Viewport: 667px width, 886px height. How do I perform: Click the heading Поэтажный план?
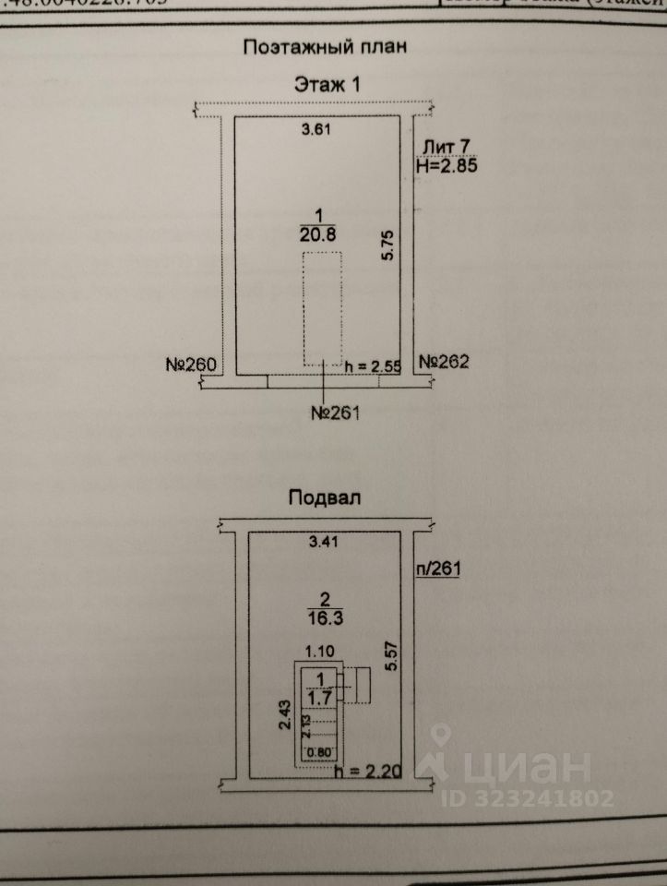pos(324,47)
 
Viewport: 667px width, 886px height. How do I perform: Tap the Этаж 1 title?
pos(327,84)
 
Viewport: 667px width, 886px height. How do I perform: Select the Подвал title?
pos(324,497)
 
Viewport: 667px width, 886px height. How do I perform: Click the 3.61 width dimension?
pos(316,130)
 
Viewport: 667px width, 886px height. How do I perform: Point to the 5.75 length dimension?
pos(388,243)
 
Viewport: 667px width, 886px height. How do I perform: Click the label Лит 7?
pos(447,147)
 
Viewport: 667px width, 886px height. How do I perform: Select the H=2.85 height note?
pos(447,166)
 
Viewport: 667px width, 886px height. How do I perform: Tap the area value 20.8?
pos(317,233)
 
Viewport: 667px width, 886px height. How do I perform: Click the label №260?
pos(191,364)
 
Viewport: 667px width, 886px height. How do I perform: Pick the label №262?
pos(444,362)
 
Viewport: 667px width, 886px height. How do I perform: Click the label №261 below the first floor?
pos(334,413)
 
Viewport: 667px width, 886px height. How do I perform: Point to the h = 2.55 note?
pos(372,366)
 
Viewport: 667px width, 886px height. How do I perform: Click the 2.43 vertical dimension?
pos(284,714)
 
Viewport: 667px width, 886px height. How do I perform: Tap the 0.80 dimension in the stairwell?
pos(316,750)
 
